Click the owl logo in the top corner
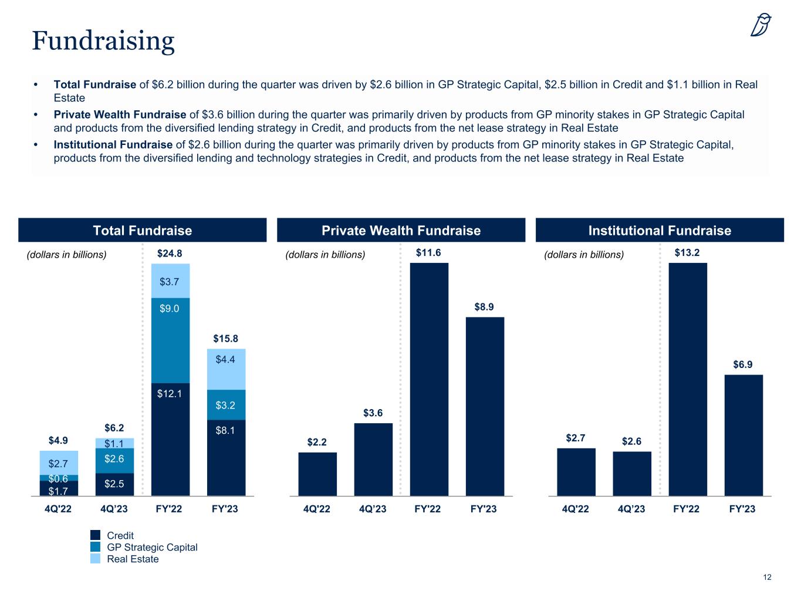click(x=761, y=25)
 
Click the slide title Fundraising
click(x=103, y=41)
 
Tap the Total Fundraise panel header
click(x=143, y=231)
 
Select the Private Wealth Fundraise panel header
click(x=401, y=231)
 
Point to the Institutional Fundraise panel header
click(x=660, y=231)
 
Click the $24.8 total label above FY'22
click(x=170, y=254)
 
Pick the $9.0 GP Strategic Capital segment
click(x=170, y=340)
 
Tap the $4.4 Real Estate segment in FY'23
click(x=226, y=369)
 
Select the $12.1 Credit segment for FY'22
click(x=170, y=439)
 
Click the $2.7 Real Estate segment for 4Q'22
click(x=59, y=462)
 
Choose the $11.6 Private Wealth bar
click(x=429, y=379)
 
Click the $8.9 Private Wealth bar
click(x=485, y=406)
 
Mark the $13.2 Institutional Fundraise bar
click(x=688, y=379)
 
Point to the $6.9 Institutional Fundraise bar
click(x=743, y=435)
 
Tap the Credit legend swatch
click(x=96, y=535)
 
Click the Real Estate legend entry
click(x=133, y=559)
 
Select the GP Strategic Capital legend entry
click(x=152, y=547)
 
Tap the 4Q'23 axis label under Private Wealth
click(x=373, y=509)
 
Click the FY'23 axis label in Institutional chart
click(x=742, y=509)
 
